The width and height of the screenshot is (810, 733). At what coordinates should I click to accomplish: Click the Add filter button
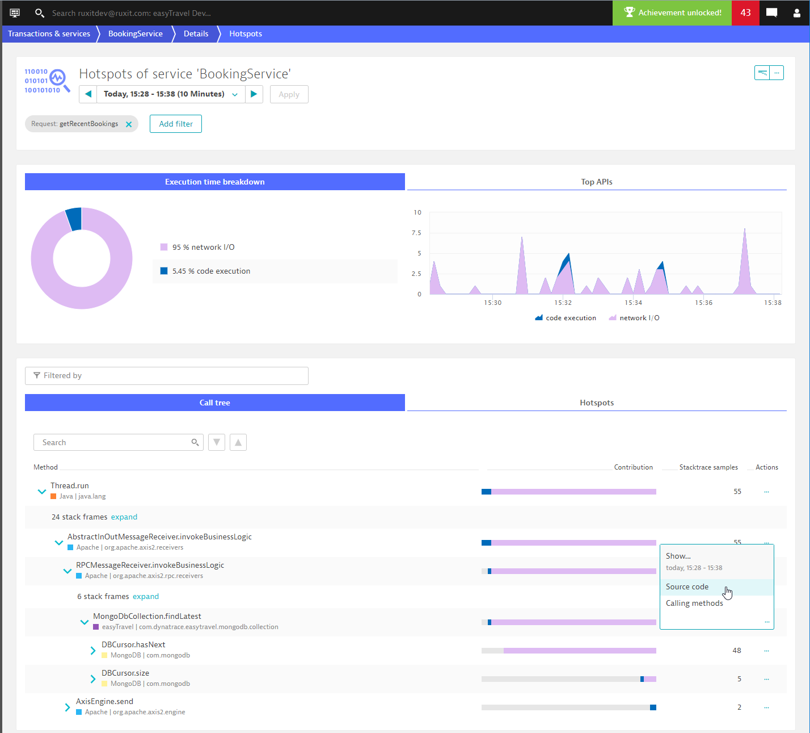click(176, 124)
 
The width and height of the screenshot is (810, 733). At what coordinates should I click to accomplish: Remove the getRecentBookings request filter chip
click(129, 124)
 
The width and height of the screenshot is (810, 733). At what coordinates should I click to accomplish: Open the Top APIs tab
click(596, 182)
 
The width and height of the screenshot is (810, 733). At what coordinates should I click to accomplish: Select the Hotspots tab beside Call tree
click(596, 403)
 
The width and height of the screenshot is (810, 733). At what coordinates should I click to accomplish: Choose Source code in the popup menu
click(687, 587)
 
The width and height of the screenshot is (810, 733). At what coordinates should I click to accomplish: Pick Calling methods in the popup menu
click(694, 603)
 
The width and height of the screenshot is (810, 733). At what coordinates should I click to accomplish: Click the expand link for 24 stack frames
click(124, 517)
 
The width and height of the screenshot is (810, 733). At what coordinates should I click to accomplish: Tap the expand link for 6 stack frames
click(146, 596)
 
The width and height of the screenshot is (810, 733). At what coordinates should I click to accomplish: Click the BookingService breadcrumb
click(135, 33)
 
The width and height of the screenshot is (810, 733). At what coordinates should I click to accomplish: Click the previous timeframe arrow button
click(88, 94)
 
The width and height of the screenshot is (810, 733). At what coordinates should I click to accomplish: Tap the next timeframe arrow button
click(254, 94)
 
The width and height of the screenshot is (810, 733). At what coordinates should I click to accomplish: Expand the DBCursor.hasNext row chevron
click(93, 651)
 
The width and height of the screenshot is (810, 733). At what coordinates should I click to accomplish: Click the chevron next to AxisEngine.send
click(67, 707)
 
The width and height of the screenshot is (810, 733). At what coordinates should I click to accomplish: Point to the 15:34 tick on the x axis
click(632, 303)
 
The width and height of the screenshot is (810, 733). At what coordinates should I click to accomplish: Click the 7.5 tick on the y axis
click(416, 233)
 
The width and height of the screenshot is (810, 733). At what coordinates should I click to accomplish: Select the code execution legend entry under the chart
click(566, 318)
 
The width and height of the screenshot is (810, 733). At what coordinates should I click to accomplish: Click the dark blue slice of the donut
click(74, 219)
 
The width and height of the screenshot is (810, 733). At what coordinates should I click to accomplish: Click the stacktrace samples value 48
click(736, 651)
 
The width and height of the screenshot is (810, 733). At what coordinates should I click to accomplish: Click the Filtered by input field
click(167, 376)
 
